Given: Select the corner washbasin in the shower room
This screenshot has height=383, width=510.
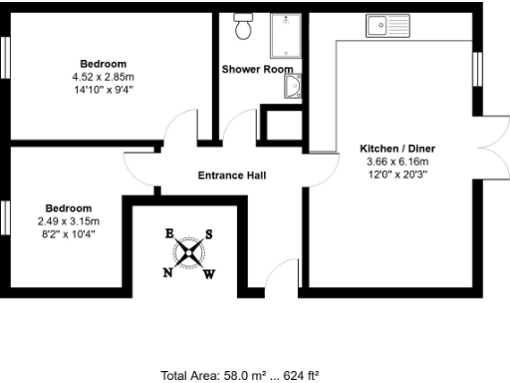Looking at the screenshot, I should click(x=293, y=90).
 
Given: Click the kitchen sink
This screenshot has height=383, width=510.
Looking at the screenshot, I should click(x=387, y=22).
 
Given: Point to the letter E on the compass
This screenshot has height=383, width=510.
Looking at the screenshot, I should click(x=169, y=233).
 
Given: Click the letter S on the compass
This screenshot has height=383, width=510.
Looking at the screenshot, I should click(x=208, y=235).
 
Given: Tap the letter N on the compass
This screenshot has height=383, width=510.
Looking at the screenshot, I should click(x=167, y=271).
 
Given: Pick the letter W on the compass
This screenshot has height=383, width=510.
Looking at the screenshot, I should click(x=208, y=274).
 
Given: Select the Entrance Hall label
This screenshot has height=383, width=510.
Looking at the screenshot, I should click(x=232, y=176).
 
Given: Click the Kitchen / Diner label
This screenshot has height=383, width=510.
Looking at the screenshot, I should click(x=397, y=150).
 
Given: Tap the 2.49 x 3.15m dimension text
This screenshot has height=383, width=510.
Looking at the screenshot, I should click(x=69, y=221).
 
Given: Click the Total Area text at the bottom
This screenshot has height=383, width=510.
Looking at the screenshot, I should click(x=240, y=375).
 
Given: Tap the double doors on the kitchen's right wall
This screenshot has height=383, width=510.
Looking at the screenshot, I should click(x=491, y=150).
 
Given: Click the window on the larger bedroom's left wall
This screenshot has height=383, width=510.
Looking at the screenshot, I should click(x=4, y=58).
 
